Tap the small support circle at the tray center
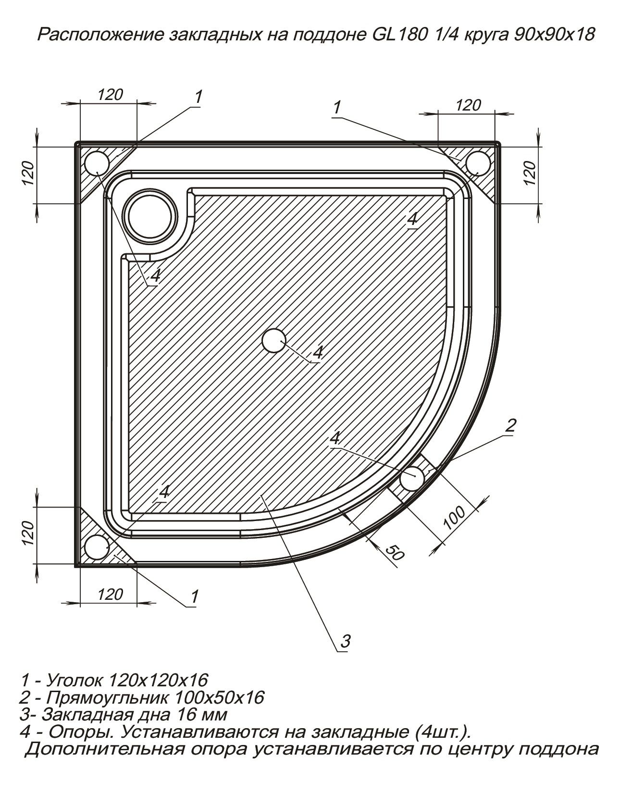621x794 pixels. pyautogui.click(x=274, y=340)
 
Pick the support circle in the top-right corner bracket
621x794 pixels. pyautogui.click(x=478, y=163)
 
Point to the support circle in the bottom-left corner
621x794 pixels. pyautogui.click(x=97, y=547)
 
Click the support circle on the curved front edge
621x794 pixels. pyautogui.click(x=412, y=478)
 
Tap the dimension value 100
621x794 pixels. pyautogui.click(x=454, y=517)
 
